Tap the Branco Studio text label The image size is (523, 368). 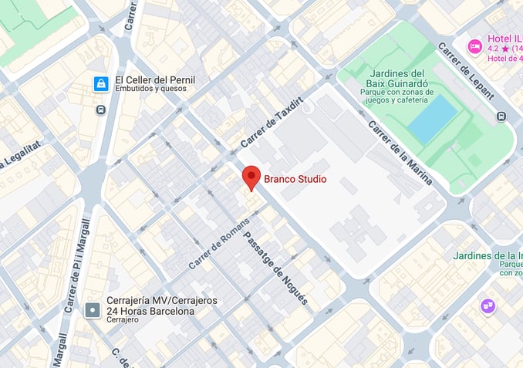[295, 180]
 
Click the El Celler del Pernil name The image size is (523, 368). [155, 79]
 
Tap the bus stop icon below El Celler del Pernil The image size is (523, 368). [100, 110]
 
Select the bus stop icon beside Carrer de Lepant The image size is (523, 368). [502, 116]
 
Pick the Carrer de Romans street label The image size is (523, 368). [218, 241]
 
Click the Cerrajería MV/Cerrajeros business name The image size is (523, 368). [161, 300]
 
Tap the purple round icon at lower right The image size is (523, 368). [488, 306]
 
